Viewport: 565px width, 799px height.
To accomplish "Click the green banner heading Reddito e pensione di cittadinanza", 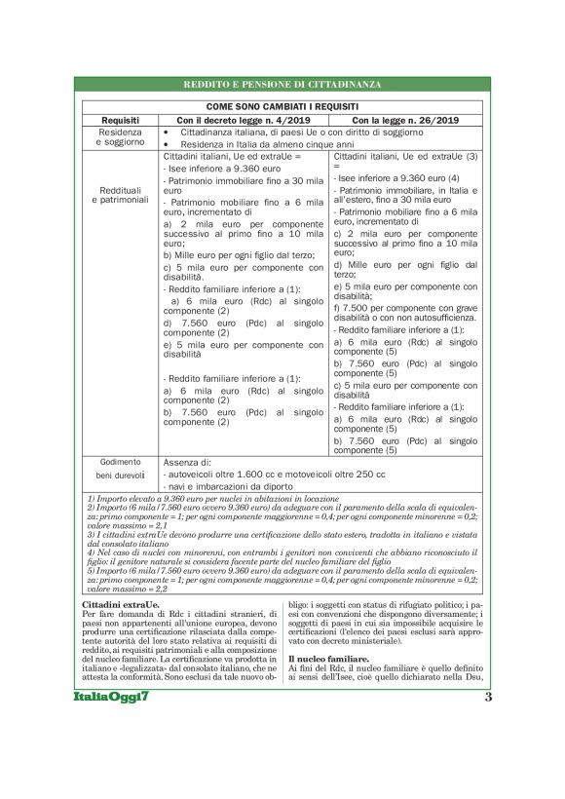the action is pos(282,85).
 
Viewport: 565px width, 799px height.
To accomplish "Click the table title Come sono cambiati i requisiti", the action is pos(282,105).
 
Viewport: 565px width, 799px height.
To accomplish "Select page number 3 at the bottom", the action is pos(487,698).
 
